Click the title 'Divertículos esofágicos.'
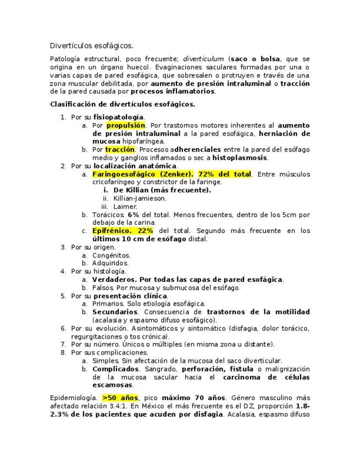click(91, 45)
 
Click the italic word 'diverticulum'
click(203, 59)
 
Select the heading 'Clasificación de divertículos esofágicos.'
click(123, 104)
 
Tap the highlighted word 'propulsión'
click(125, 125)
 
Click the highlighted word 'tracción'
click(120, 149)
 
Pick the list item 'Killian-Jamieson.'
click(140, 198)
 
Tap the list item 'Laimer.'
click(125, 207)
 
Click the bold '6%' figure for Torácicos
click(133, 215)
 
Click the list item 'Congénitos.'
click(111, 255)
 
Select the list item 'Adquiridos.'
click(111, 263)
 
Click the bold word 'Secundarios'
click(115, 312)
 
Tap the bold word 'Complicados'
click(115, 369)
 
